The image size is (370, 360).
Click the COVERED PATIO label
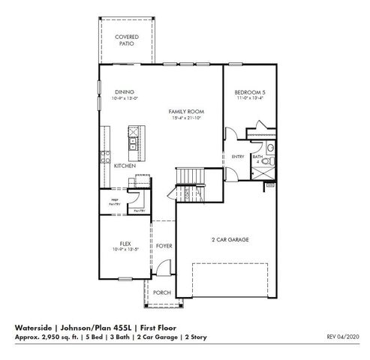[x=125, y=40]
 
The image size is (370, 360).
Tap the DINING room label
[x=125, y=91]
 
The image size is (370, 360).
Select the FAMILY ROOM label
[x=185, y=111]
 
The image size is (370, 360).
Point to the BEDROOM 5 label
[x=250, y=91]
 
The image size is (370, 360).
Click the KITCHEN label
[x=125, y=165]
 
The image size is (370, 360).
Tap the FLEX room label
[x=125, y=243]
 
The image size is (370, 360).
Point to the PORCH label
[x=161, y=292]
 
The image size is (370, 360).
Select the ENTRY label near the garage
[x=238, y=156]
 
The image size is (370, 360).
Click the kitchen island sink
[x=132, y=139]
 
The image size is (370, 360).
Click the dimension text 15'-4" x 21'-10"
[x=185, y=118]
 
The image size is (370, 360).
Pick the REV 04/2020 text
[x=344, y=337]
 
